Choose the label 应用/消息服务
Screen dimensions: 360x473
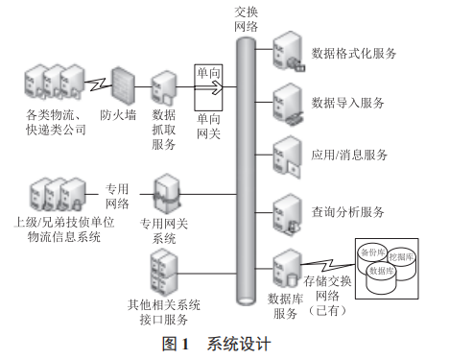[350, 155]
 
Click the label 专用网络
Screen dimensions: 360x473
[118, 197]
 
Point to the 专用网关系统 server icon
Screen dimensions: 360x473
[165, 192]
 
